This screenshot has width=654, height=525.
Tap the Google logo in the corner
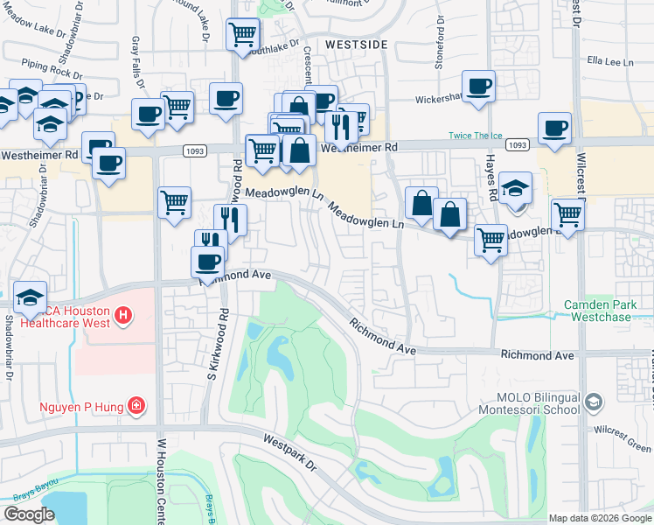coord(29,514)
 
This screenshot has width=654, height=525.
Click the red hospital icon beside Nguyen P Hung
coord(136,405)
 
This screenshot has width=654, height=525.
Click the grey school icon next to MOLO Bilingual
coord(594,402)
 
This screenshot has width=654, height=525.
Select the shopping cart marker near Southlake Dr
coord(242,35)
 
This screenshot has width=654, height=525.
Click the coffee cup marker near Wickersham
coord(478,86)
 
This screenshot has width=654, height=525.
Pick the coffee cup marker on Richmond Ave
coord(208,261)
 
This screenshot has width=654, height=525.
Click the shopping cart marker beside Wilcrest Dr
coord(568,213)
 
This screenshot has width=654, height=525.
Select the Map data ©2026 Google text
coord(600,518)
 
